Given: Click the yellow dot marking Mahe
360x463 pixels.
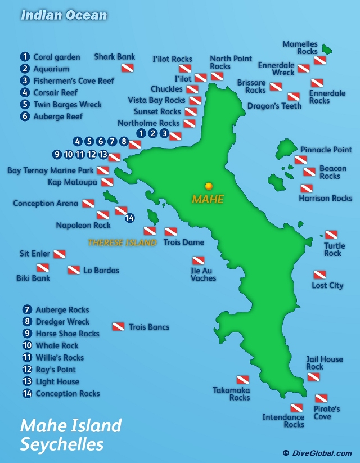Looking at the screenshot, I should pyautogui.click(x=209, y=186).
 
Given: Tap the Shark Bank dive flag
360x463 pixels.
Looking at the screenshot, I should pyautogui.click(x=128, y=69).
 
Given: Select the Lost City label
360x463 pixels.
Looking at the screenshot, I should pyautogui.click(x=327, y=285).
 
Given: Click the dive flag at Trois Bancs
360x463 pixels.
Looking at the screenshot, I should pyautogui.click(x=118, y=326).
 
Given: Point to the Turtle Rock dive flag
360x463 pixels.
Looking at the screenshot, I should pyautogui.click(x=331, y=235).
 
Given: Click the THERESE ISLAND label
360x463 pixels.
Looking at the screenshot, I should pyautogui.click(x=122, y=243).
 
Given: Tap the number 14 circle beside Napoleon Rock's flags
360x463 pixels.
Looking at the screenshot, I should pyautogui.click(x=129, y=218).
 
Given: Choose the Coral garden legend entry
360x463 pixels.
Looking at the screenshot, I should pyautogui.click(x=56, y=57).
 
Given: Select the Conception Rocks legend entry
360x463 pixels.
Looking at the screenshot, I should pyautogui.click(x=67, y=394).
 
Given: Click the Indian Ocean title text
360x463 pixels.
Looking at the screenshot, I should pyautogui.click(x=64, y=15).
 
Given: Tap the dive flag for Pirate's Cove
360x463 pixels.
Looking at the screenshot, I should pyautogui.click(x=321, y=398).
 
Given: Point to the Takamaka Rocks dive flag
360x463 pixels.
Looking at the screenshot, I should pyautogui.click(x=242, y=380).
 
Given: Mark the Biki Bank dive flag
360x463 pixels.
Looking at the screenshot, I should pyautogui.click(x=43, y=267).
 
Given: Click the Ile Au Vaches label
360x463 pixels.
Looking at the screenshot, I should pyautogui.click(x=203, y=274).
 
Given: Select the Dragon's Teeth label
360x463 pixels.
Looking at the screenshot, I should pyautogui.click(x=274, y=106).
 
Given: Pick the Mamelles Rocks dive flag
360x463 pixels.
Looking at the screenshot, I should pyautogui.click(x=320, y=60).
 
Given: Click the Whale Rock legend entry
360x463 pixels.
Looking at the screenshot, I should pyautogui.click(x=57, y=345).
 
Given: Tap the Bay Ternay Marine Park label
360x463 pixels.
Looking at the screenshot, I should pyautogui.click(x=51, y=170).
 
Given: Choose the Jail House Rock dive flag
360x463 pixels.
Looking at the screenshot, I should pyautogui.click(x=314, y=376).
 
